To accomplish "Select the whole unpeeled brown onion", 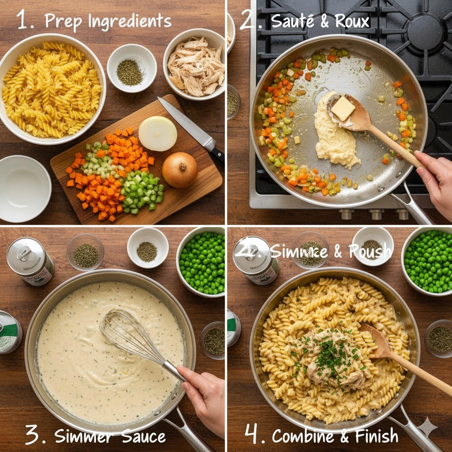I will click(x=180, y=169).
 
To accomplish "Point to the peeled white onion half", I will click(x=158, y=133).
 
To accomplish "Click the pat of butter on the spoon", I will click(x=343, y=109).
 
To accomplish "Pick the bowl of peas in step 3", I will click(x=202, y=262).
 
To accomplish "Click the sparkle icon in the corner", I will click(x=428, y=427).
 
